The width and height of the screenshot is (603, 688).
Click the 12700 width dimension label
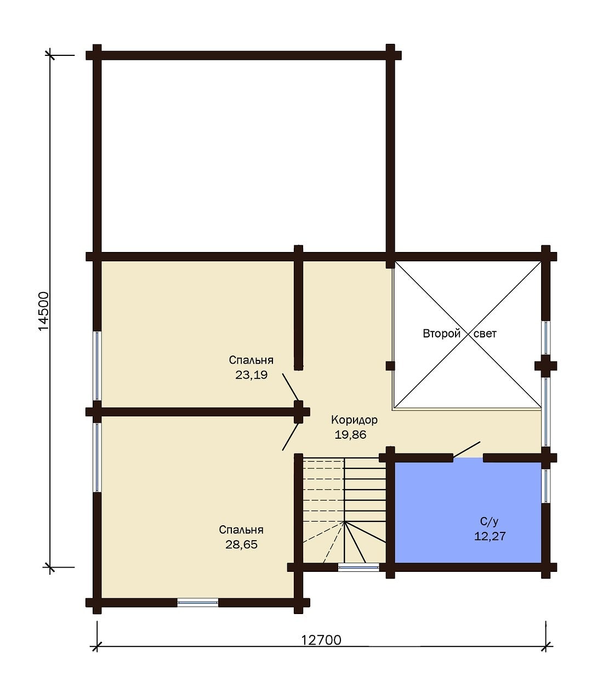pos(321,640)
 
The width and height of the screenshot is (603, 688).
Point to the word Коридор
pos(354,420)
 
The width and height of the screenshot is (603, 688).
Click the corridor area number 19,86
pos(350,434)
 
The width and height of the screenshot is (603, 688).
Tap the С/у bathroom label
pos(490,521)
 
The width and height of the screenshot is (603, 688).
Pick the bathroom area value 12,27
pos(490,536)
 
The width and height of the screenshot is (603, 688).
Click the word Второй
pos(441,334)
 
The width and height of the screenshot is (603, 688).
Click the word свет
pos(485,334)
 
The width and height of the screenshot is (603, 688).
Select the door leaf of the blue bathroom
pos(467,450)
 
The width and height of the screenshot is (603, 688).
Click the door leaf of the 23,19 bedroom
pos(291,387)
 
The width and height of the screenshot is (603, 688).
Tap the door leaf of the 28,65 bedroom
pos(291,437)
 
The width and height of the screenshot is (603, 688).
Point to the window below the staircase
pos(359,567)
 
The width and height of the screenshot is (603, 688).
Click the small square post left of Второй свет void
pos(390,366)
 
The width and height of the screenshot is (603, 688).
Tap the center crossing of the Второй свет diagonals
pos(468,334)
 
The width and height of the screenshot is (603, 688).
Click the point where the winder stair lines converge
pos(345,522)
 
